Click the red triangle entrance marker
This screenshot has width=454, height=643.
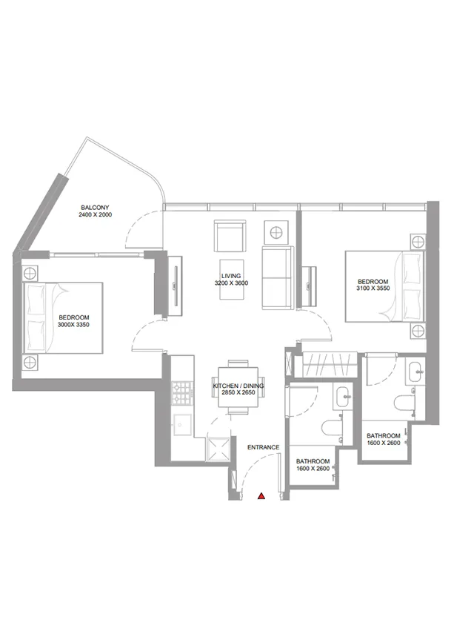[x=261, y=497]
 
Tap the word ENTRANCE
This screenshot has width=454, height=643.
[x=263, y=447]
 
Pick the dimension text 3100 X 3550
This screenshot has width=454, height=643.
[x=373, y=289]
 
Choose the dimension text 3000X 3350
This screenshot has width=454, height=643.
[x=79, y=323]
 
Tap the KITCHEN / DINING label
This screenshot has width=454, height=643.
[x=238, y=387]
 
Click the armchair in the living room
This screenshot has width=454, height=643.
[x=230, y=236]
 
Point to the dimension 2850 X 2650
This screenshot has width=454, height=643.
[x=238, y=395]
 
